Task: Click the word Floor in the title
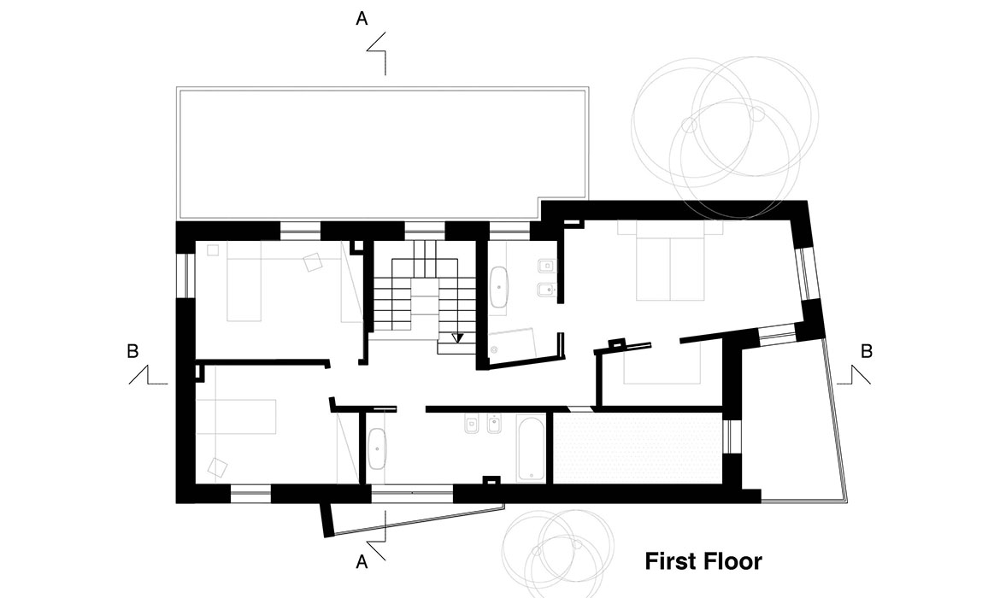click(x=733, y=561)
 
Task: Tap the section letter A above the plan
click(x=362, y=19)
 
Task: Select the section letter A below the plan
click(x=362, y=562)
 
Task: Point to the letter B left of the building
click(x=132, y=351)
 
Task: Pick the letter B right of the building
click(x=867, y=351)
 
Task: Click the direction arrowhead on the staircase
click(x=456, y=338)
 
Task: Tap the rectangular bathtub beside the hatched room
click(x=531, y=448)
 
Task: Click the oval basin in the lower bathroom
click(x=377, y=448)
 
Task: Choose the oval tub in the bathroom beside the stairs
click(x=499, y=288)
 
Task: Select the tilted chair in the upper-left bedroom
click(x=313, y=262)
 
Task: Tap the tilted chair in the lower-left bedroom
click(x=217, y=467)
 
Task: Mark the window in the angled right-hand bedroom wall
click(x=808, y=273)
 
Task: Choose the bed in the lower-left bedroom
click(x=236, y=417)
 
